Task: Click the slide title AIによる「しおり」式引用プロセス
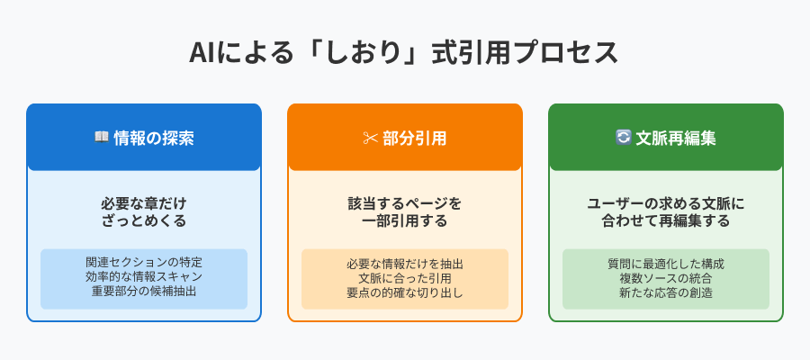[x=403, y=53]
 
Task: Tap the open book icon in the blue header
[x=101, y=138]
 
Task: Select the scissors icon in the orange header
[x=370, y=139]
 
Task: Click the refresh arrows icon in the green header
[x=624, y=138]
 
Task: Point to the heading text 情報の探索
[x=154, y=138]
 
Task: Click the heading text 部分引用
[x=415, y=138]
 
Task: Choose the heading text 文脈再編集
[x=676, y=138]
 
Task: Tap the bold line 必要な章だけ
[x=144, y=203]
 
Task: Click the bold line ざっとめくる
[x=144, y=221]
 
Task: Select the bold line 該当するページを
[x=405, y=203]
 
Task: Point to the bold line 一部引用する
[x=405, y=221]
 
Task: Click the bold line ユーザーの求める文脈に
[x=666, y=203]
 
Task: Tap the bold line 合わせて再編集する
[x=666, y=221]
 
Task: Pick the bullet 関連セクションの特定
[x=144, y=263]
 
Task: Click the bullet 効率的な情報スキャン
[x=144, y=276]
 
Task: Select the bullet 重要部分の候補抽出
[x=144, y=291]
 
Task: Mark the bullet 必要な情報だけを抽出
[x=405, y=264]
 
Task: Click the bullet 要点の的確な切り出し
[x=405, y=292]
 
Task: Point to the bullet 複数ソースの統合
[x=666, y=278]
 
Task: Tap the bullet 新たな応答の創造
[x=666, y=292]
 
